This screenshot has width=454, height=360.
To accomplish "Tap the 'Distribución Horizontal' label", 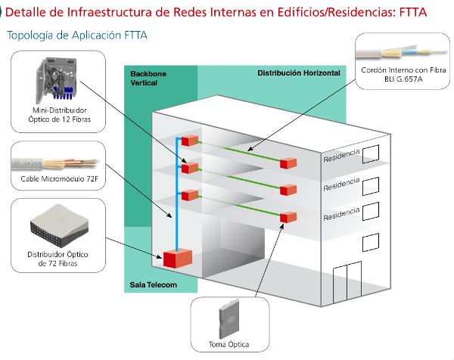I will point(298,73).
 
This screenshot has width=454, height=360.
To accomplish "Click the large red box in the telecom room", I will point(175,258).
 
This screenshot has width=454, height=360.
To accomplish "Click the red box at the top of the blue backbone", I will point(190,141).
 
